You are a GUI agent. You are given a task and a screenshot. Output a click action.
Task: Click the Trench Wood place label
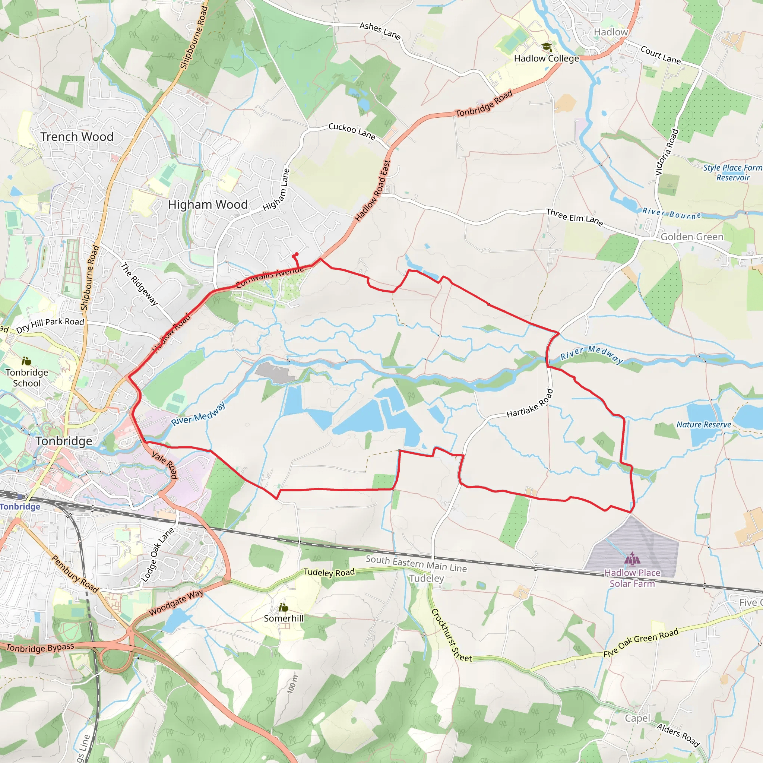pos(77,137)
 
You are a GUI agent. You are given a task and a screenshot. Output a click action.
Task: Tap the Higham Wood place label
pos(208,205)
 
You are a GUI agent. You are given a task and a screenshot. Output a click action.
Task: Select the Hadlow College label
pos(546,58)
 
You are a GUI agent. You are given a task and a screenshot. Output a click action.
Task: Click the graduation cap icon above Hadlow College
pos(547,47)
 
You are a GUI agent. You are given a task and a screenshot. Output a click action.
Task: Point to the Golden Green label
pos(692,237)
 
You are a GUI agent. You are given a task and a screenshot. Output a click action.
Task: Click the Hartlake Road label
pos(530,403)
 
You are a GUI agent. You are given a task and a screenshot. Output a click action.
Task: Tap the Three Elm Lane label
pos(574,217)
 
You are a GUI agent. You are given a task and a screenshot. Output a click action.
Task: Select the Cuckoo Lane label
pos(352,131)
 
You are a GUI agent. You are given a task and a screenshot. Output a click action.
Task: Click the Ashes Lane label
pos(380,31)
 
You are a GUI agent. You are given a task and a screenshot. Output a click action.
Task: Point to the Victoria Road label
pos(667,152)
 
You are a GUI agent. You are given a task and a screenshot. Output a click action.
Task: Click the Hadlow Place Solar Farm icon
pos(632,558)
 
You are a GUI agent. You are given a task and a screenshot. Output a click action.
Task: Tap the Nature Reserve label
pos(704,425)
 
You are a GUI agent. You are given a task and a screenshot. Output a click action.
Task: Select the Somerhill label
pos(284,618)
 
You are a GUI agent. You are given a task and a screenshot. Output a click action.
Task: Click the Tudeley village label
pos(427,579)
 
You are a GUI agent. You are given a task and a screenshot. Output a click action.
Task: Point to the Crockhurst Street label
pos(451,636)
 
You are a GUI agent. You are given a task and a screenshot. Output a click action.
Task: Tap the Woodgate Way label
pos(176,602)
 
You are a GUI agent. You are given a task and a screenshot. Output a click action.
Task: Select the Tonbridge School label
pos(27,377)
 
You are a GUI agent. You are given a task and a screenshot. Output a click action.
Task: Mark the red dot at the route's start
pos(296,254)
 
